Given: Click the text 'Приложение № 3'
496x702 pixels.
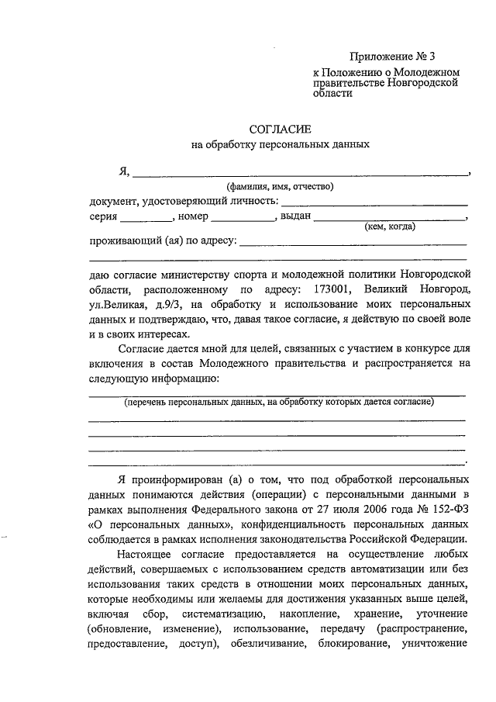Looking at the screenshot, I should (x=392, y=56).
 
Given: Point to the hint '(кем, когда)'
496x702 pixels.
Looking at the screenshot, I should (x=390, y=227).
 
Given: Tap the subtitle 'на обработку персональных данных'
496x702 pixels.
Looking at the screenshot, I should (x=278, y=144).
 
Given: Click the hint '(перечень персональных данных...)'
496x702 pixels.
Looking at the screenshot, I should (x=279, y=402).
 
